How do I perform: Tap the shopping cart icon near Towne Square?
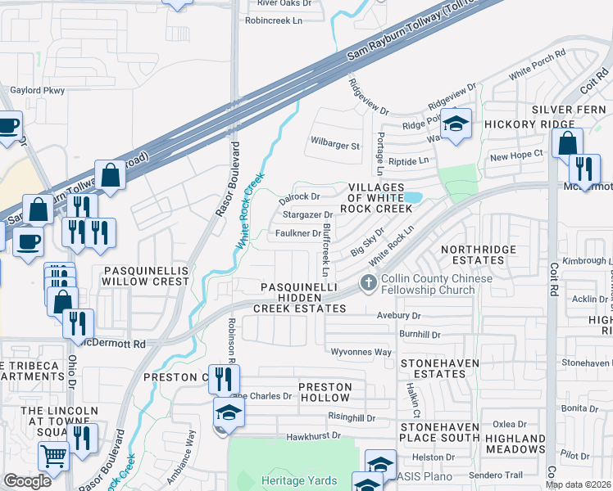[x=53, y=455]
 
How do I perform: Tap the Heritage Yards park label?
[x=293, y=480]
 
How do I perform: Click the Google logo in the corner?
[x=27, y=481]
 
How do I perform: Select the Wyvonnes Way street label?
[x=361, y=352]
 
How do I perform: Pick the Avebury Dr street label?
[x=398, y=315]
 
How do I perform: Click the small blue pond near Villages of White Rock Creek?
[x=413, y=197]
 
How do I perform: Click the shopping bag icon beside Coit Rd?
[x=567, y=143]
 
